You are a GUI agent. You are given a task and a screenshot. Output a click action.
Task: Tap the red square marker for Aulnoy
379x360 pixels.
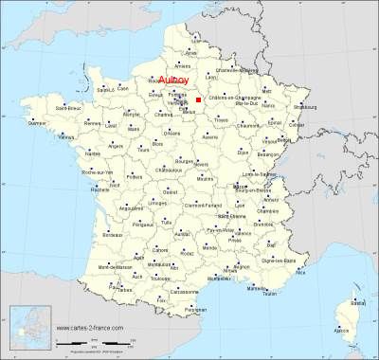point(198,99)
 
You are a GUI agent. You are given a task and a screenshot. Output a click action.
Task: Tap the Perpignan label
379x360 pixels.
point(195,310)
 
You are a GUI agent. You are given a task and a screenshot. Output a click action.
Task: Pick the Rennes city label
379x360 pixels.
point(92,124)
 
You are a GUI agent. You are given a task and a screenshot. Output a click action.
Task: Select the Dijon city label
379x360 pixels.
point(244,153)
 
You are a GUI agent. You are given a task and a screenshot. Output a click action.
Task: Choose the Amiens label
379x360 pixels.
point(183,66)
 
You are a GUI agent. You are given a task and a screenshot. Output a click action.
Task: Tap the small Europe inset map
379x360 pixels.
point(27,327)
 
